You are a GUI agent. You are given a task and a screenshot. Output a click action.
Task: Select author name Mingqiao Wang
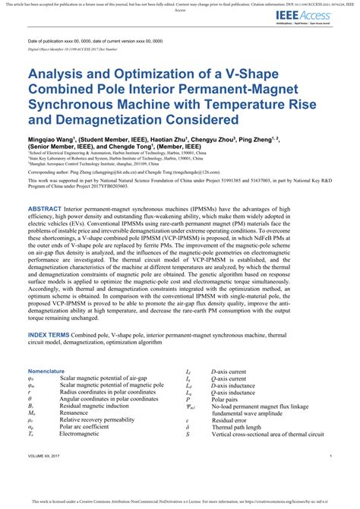click(52, 140)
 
